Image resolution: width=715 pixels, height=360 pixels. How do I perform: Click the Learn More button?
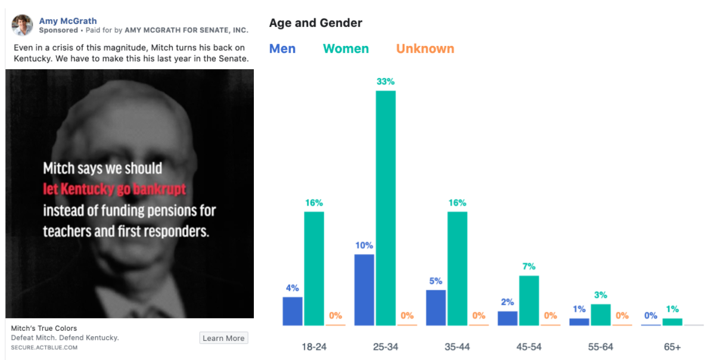tap(223, 338)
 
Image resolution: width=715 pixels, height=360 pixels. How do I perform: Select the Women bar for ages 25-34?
tap(386, 208)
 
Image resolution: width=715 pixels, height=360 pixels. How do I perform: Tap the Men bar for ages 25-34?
tap(364, 290)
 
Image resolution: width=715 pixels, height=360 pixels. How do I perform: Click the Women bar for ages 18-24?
tap(314, 268)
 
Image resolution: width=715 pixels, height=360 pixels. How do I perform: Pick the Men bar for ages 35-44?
tap(436, 308)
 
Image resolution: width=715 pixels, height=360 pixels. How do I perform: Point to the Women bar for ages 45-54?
tap(529, 300)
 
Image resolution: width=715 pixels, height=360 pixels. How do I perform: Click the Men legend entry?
tap(282, 49)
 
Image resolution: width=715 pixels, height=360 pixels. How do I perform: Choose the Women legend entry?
tap(346, 49)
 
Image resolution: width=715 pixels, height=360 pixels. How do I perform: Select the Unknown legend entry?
tap(425, 49)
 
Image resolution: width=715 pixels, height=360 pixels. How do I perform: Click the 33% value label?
tap(386, 82)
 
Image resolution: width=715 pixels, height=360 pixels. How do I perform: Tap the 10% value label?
tap(364, 246)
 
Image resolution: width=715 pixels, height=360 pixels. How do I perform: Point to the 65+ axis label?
tap(672, 346)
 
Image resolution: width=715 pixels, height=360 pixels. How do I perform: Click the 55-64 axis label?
tap(601, 346)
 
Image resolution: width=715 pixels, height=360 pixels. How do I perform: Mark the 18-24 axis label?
tap(314, 346)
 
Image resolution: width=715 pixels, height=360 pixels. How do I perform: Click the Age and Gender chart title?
tap(316, 23)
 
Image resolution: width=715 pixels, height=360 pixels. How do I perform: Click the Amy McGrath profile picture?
tap(23, 25)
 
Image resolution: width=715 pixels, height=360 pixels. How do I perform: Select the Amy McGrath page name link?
tap(68, 21)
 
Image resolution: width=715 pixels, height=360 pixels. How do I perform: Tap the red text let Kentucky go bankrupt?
tap(114, 190)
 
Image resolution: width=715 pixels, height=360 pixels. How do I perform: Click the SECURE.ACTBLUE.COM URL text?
tap(44, 347)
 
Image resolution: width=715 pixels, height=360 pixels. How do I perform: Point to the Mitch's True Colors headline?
tap(43, 328)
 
